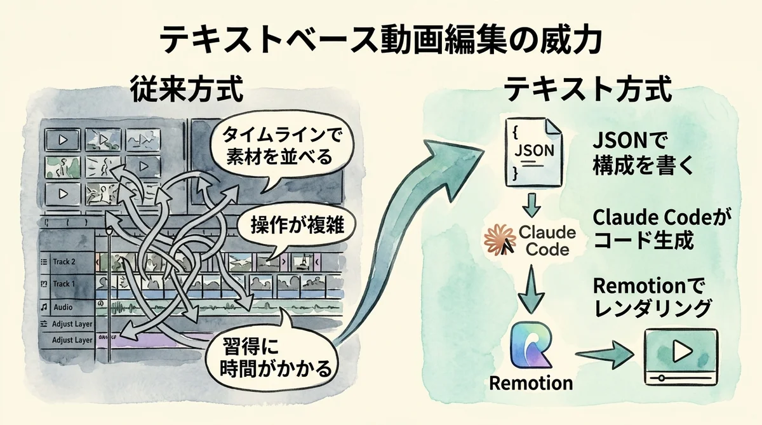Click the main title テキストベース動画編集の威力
pyautogui.click(x=380, y=39)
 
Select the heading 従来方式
pyautogui.click(x=187, y=91)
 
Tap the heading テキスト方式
pyautogui.click(x=587, y=91)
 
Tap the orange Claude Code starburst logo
pyautogui.click(x=499, y=238)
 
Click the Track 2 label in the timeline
pyautogui.click(x=63, y=262)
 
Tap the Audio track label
pyautogui.click(x=62, y=306)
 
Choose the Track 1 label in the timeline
pyautogui.click(x=63, y=284)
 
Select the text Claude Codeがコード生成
pyautogui.click(x=657, y=229)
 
